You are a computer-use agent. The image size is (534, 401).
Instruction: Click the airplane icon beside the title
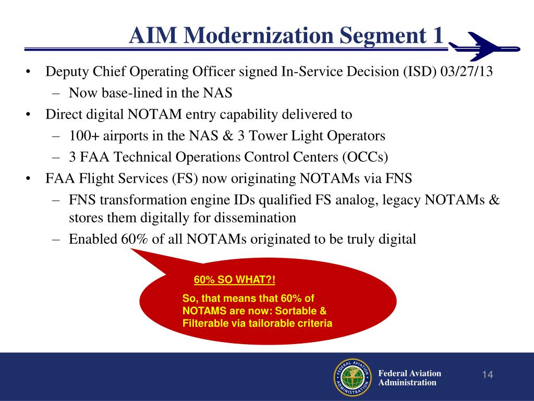pos(484,46)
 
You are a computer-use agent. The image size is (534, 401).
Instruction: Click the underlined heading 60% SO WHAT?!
pos(234,280)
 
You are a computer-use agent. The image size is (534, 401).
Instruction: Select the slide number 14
pos(488,375)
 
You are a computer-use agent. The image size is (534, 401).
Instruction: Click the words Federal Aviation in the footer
pos(409,373)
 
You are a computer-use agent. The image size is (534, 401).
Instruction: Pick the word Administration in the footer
pos(407,383)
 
